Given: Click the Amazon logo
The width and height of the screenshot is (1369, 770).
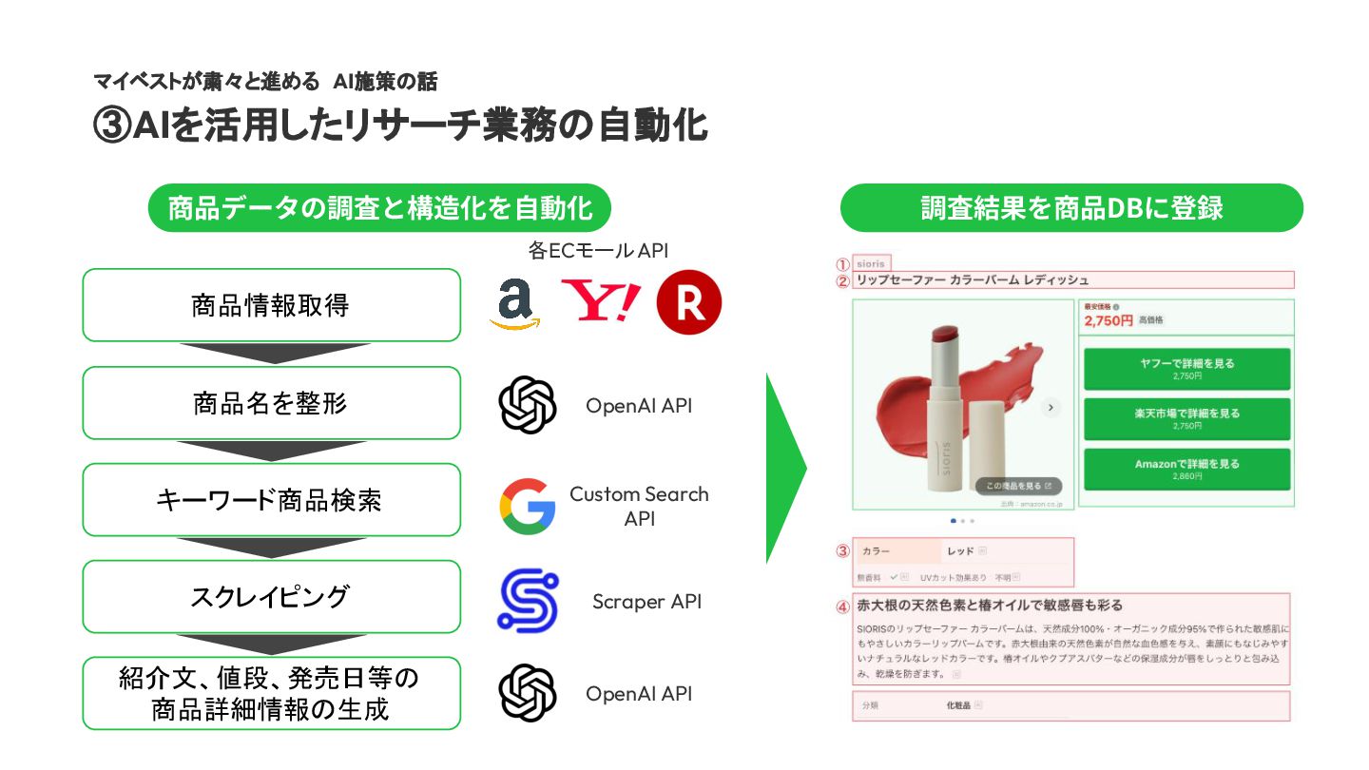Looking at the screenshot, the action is point(514,305).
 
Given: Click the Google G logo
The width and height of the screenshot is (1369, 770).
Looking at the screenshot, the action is point(528,507).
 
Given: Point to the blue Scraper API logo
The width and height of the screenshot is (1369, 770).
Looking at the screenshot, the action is point(528,601).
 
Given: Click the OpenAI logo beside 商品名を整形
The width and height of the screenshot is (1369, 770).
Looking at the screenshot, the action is point(528,406).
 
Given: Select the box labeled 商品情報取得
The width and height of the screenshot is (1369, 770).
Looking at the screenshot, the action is point(271,305).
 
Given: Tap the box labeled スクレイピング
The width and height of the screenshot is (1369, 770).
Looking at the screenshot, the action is point(271,597).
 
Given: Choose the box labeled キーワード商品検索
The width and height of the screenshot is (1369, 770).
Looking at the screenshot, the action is point(271,500).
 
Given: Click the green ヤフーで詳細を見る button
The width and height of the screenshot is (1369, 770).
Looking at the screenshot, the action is point(1186,368).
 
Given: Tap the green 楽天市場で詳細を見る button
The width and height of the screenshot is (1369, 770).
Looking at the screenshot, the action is point(1186,418).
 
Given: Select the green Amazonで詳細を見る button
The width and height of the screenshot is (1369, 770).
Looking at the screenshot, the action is point(1186,469).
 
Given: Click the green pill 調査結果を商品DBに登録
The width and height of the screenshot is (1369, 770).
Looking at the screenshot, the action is point(1071,208).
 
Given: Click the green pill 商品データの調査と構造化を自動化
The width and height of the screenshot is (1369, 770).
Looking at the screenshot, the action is point(379,208).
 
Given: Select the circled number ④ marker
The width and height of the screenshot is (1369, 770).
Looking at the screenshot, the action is point(842,606).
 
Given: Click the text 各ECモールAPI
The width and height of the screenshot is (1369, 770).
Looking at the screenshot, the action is point(598,251).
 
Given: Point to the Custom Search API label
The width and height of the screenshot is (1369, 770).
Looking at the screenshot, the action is point(639,506).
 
